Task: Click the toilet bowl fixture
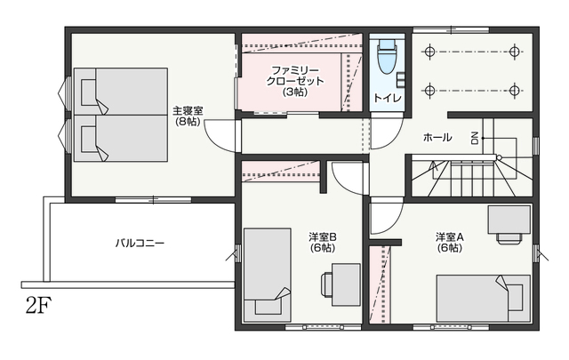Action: (x=387, y=57)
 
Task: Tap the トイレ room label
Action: (x=388, y=98)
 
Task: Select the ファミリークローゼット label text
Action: (x=294, y=81)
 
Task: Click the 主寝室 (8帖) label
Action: (x=188, y=116)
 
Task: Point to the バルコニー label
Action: (x=140, y=243)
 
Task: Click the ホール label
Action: (x=437, y=137)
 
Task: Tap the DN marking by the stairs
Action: (x=475, y=138)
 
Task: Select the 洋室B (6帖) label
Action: (x=323, y=243)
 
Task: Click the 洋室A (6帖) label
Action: (x=450, y=243)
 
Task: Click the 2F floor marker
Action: (x=38, y=305)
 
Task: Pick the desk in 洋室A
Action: (x=509, y=220)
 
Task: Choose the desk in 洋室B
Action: (x=346, y=284)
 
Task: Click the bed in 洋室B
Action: (x=268, y=275)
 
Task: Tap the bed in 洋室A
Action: (x=484, y=299)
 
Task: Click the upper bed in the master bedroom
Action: (x=121, y=92)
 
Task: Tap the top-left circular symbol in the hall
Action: (x=429, y=52)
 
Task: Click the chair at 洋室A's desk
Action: (x=509, y=238)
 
